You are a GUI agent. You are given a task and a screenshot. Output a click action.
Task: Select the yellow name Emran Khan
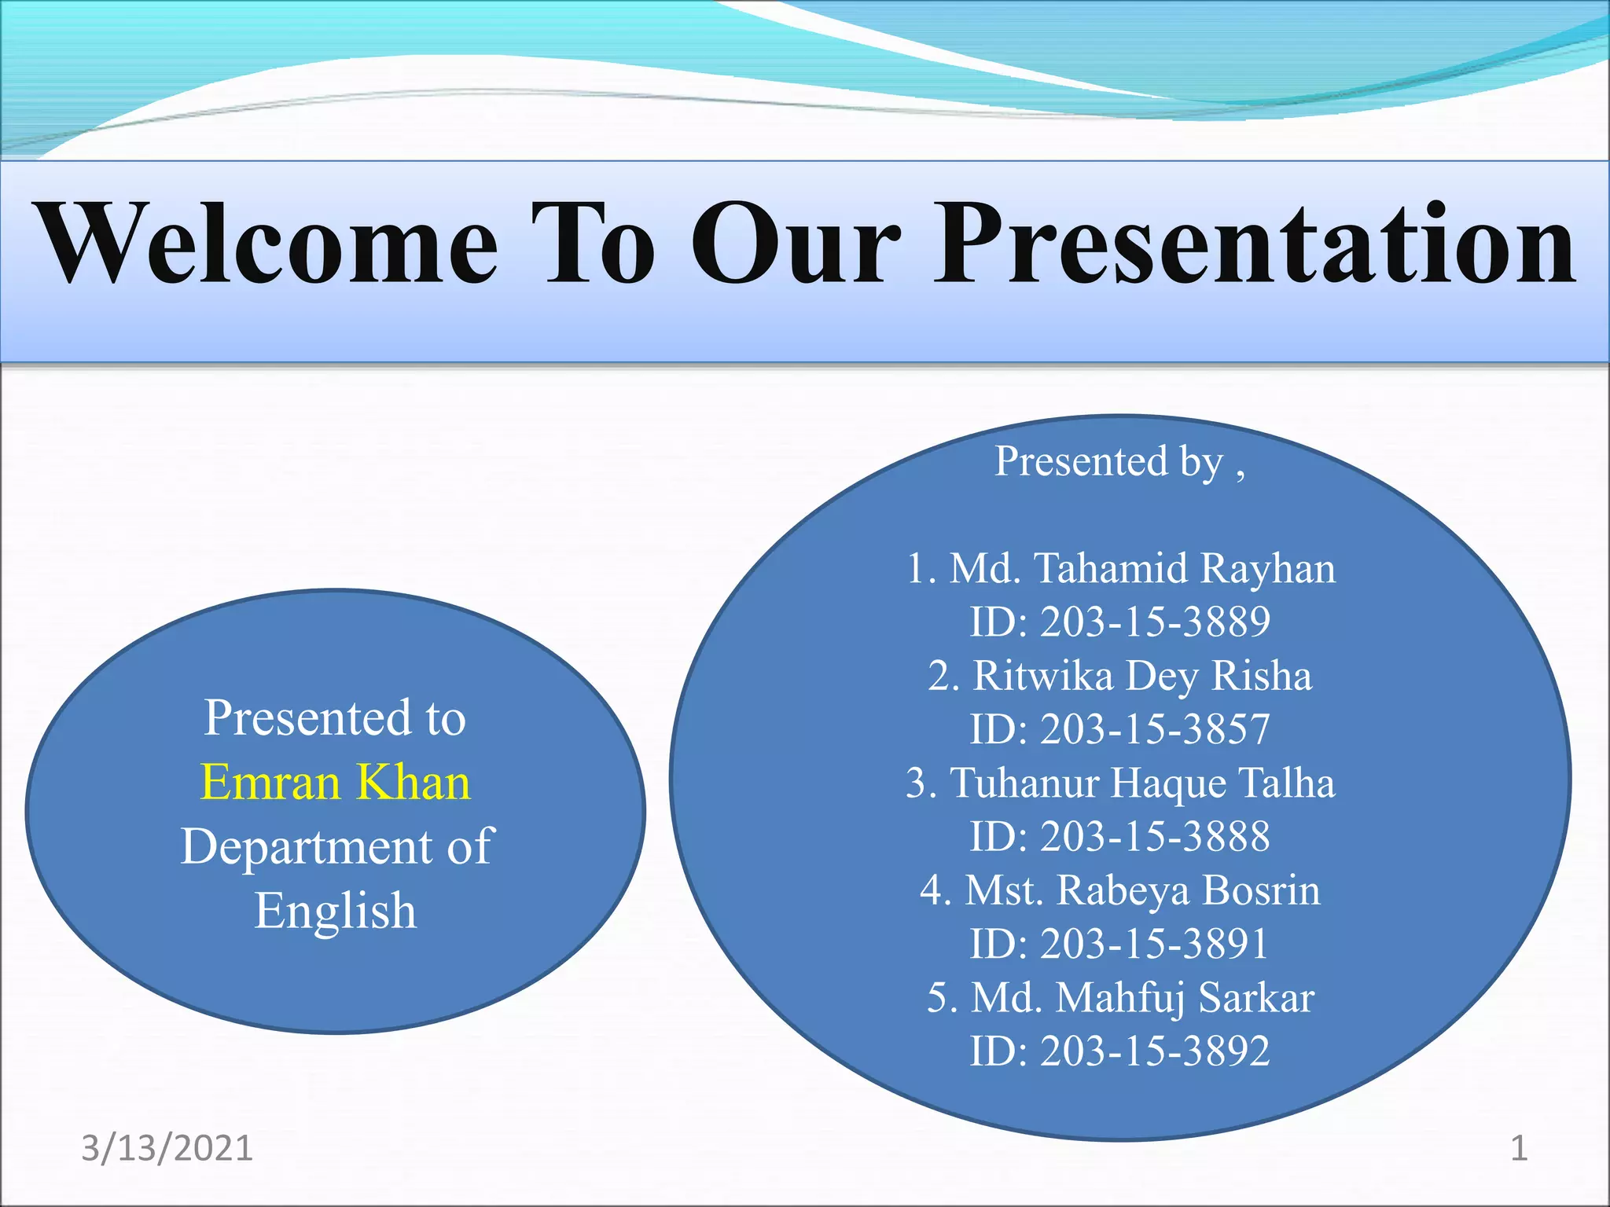336,783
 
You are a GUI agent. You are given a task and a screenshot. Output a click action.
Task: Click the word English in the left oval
336,912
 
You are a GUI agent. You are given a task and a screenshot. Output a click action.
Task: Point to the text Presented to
336,717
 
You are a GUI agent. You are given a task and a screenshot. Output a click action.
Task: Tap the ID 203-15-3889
1156,622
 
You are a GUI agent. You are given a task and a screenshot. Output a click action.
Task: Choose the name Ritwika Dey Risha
1143,676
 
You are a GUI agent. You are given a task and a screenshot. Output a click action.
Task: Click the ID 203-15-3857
1156,729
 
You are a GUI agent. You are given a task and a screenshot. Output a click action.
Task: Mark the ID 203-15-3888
1156,836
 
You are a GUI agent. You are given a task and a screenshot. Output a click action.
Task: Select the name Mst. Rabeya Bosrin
1143,890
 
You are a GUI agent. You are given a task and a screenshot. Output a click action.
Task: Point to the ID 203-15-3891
1156,944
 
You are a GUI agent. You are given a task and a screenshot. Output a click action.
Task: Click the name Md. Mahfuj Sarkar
1143,998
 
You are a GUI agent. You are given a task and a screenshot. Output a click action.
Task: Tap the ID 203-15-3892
1156,1051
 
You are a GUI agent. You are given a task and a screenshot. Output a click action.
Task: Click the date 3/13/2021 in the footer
167,1149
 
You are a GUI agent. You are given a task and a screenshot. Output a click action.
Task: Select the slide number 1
1520,1149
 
